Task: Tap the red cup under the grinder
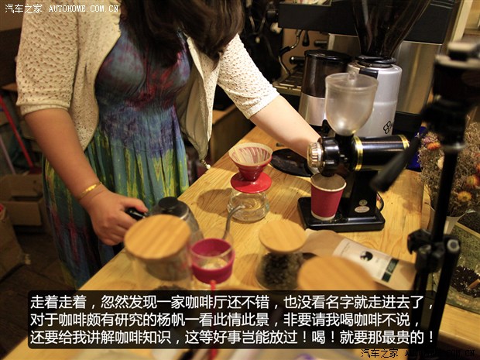point(327,197)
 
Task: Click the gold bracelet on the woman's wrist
point(87,190)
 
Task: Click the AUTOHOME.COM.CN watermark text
point(84,9)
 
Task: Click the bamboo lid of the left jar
point(157,236)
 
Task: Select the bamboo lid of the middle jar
point(282,235)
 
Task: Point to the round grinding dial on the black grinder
point(316,157)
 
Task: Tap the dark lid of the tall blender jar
point(326,58)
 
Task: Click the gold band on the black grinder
point(358,153)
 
